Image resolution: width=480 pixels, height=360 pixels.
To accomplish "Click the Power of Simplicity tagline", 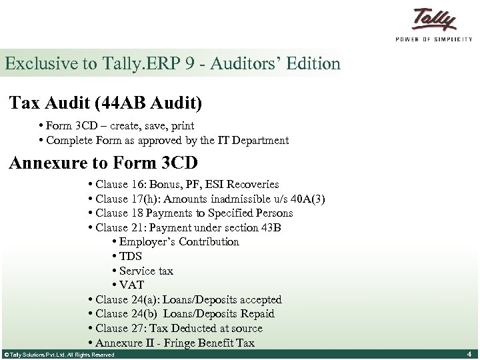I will [x=434, y=39].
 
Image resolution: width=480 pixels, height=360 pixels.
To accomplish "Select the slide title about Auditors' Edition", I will [x=173, y=64].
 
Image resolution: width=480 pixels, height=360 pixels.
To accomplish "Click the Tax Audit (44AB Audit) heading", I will [x=106, y=103].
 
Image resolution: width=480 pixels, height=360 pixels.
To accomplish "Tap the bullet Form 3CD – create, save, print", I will [x=117, y=126].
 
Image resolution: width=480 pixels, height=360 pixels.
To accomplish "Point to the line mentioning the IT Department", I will [x=164, y=140].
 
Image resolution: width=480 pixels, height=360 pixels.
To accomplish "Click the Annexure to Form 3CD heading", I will [x=103, y=163].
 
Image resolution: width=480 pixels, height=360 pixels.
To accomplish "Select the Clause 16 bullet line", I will [x=183, y=185].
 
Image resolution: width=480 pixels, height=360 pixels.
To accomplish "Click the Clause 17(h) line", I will [x=206, y=199].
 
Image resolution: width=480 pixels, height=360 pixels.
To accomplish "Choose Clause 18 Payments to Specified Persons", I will [x=190, y=213].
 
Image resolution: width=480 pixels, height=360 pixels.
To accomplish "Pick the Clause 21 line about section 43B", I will [x=184, y=227].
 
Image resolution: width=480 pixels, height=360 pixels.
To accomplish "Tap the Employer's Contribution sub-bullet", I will [x=176, y=242].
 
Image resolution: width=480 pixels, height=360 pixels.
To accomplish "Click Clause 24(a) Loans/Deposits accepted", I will [x=185, y=300].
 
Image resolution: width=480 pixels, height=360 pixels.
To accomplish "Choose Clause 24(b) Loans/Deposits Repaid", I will [x=181, y=314].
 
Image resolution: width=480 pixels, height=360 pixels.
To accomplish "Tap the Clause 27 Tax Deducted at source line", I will [x=175, y=329].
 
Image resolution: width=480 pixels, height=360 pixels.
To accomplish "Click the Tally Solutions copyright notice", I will [x=59, y=355].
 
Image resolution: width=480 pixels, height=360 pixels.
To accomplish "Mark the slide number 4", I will [x=469, y=354].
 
